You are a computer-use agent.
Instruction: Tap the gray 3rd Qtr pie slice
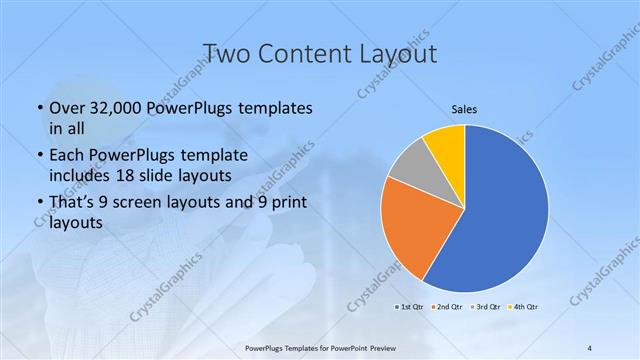coord(411,169)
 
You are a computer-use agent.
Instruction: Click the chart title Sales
coord(464,108)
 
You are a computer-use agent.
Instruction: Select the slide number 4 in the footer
coord(590,348)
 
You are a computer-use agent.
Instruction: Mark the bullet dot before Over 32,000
coord(38,108)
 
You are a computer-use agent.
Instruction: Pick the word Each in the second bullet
coord(68,156)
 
